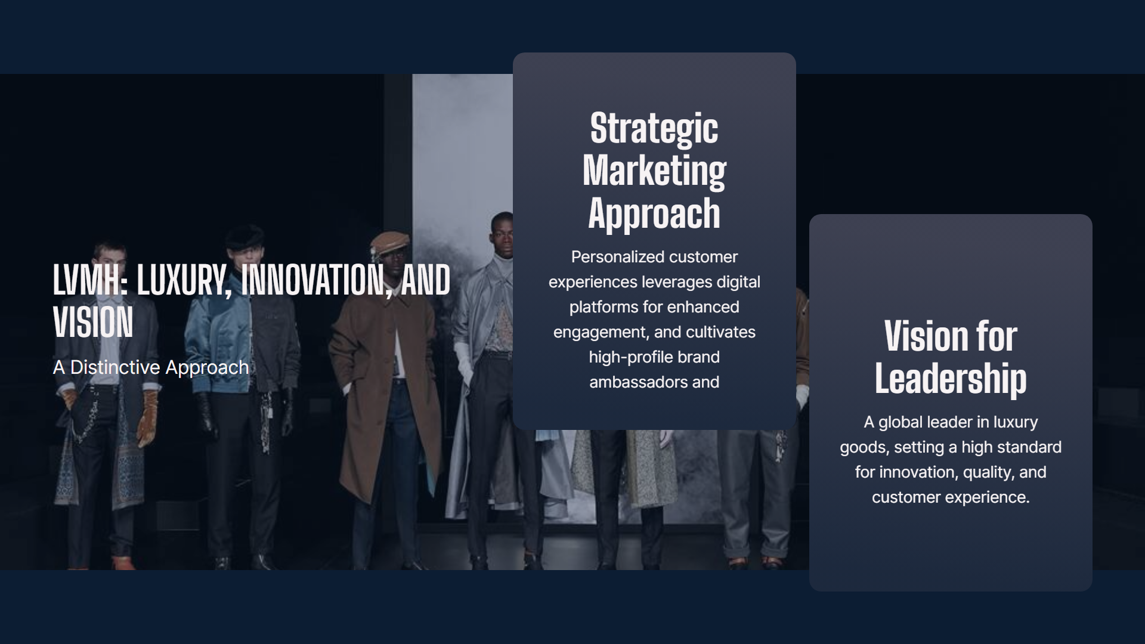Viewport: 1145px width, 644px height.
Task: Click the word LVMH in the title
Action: pos(90,280)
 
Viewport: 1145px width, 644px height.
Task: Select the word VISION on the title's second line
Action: pos(93,323)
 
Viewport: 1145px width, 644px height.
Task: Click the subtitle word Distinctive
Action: pos(115,367)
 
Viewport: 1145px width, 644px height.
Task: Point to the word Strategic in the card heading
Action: pos(654,129)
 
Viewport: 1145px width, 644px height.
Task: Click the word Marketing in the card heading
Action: pos(654,172)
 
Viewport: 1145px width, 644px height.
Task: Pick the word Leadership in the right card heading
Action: pos(951,379)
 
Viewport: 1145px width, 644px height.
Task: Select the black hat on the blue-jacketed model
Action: pos(245,235)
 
